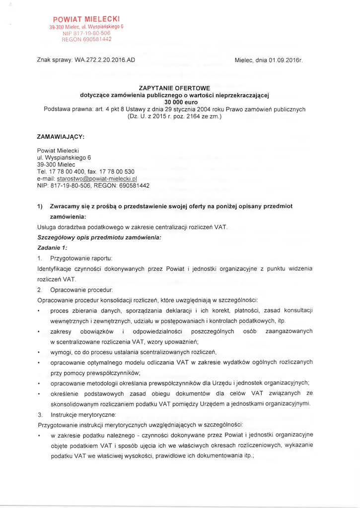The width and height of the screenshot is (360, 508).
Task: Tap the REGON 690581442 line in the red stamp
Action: click(x=80, y=39)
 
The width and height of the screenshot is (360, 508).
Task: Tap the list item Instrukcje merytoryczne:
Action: click(x=83, y=414)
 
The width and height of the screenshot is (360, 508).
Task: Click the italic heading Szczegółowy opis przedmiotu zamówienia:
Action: click(x=99, y=238)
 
